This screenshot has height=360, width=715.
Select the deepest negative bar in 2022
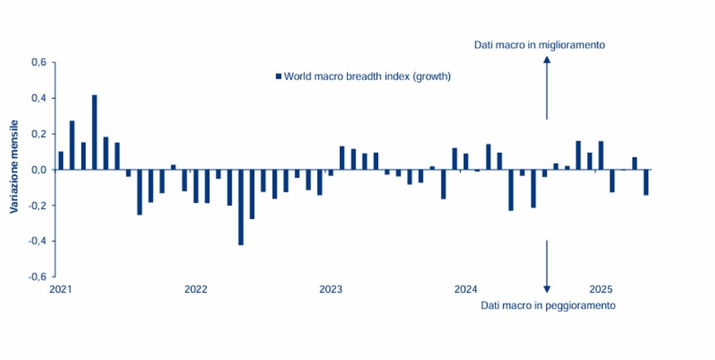point(241,206)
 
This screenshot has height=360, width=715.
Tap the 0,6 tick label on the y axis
point(38,62)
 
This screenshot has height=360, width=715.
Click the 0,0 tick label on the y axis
point(38,170)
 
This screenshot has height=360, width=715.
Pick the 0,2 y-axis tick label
point(38,134)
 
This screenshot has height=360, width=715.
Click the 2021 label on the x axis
point(60,290)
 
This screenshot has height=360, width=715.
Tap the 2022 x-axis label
point(196,290)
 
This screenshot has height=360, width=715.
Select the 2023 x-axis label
point(331,290)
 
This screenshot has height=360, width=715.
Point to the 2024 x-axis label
point(465,290)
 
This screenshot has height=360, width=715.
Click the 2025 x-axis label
point(600,290)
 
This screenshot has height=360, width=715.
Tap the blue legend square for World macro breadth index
point(278,76)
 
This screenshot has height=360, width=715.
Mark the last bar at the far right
point(646,182)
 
